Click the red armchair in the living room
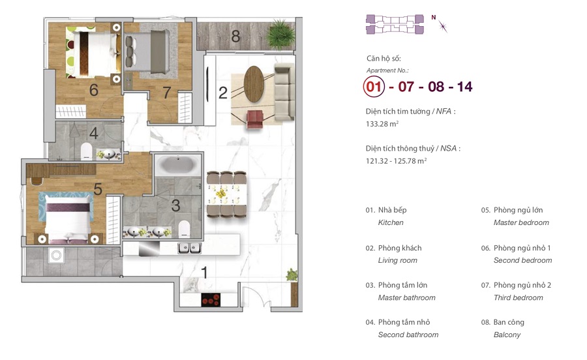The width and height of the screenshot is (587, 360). [255, 119]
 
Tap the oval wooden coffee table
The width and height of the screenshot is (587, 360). [254, 84]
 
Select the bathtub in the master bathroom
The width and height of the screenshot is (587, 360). [178, 164]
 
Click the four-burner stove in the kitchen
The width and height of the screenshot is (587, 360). [211, 300]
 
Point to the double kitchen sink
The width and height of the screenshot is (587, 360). [189, 247]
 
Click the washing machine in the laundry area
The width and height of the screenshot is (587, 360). [56, 256]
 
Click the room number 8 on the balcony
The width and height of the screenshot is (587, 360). [235, 37]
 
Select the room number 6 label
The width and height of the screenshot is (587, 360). [93, 90]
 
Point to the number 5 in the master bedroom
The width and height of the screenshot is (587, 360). [98, 189]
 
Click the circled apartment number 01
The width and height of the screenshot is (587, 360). [374, 87]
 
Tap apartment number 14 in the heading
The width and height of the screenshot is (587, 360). [464, 87]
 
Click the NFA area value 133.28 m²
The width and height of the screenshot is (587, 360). [382, 124]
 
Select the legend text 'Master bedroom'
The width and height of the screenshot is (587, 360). [521, 222]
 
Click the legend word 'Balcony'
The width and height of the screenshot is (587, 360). [507, 335]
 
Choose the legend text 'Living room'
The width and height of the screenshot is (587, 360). [397, 260]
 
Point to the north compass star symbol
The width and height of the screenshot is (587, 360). [443, 26]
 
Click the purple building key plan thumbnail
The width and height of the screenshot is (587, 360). [395, 24]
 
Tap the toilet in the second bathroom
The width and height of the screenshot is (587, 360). [87, 151]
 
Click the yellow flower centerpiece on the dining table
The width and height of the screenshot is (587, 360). [220, 194]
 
